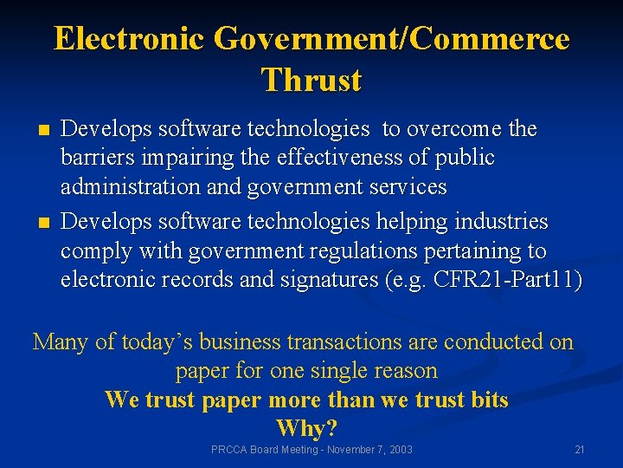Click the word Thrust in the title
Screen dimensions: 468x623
[x=311, y=80]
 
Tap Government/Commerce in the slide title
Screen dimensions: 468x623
[x=391, y=39]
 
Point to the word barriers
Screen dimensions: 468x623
[x=95, y=158]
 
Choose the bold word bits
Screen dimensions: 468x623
[x=486, y=400]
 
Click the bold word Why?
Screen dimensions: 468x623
[x=306, y=428]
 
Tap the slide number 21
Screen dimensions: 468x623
[x=580, y=450]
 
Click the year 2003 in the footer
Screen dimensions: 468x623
[x=399, y=450]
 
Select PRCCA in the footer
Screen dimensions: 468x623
[x=228, y=450]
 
